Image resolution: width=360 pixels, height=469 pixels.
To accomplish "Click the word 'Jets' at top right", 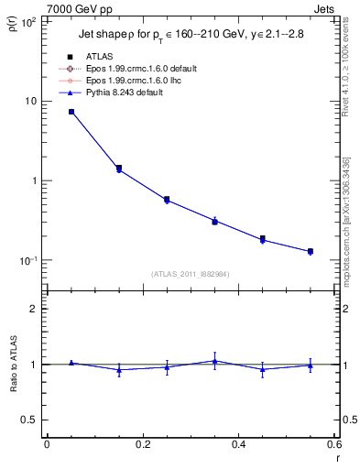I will pyautogui.click(x=324, y=8).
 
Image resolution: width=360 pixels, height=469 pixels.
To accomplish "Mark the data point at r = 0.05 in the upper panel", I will pyautogui.click(x=71, y=112).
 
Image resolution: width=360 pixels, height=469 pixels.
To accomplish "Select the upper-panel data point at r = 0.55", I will pyautogui.click(x=311, y=251).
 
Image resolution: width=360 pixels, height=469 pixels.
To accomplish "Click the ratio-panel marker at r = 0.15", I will pyautogui.click(x=119, y=370).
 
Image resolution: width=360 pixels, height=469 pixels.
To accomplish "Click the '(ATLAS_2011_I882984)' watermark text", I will pyautogui.click(x=191, y=274).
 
